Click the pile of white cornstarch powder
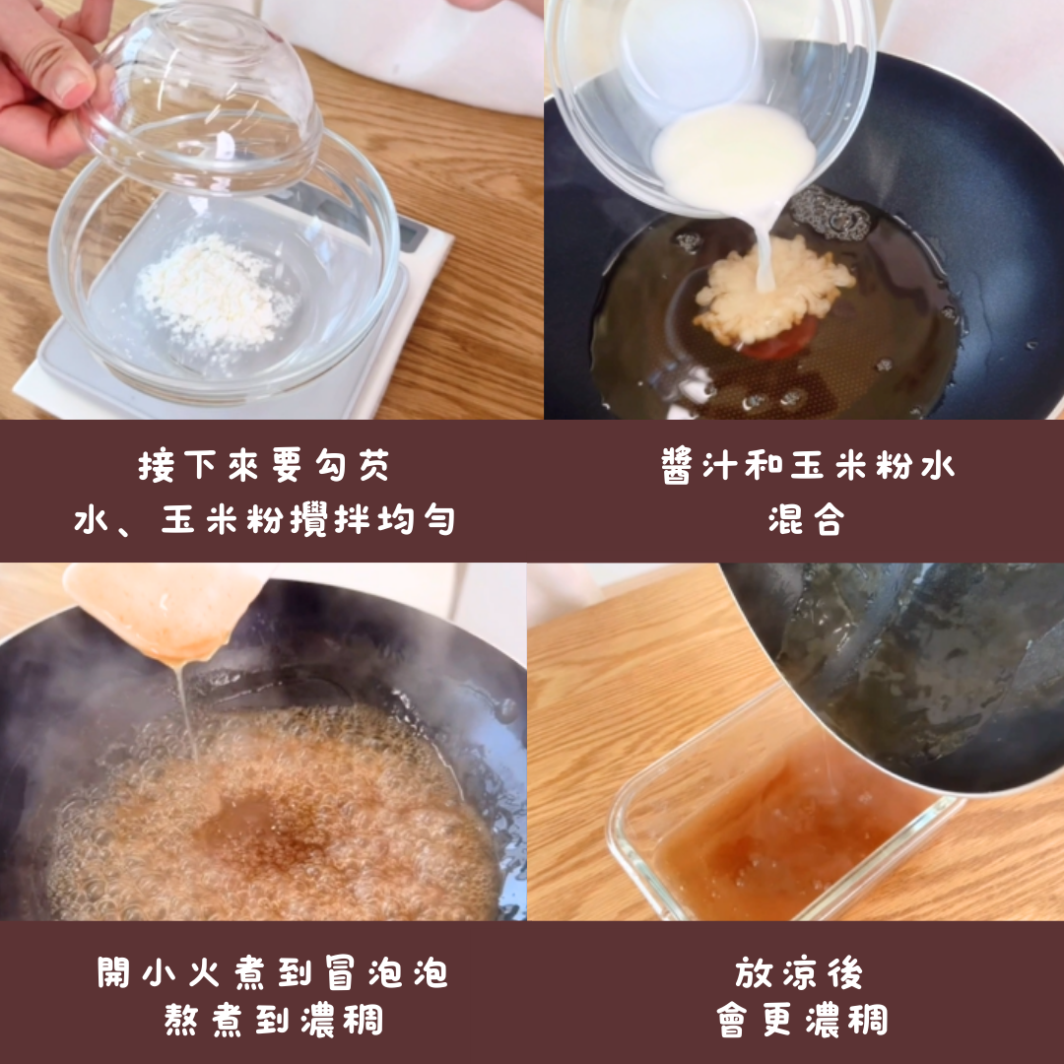[216, 291]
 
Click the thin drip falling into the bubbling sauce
[186, 712]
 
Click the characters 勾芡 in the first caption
[353, 465]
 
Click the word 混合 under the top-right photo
[807, 520]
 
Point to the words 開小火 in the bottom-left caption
[159, 972]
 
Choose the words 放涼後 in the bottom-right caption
[799, 972]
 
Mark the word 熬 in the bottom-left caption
[181, 1020]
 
